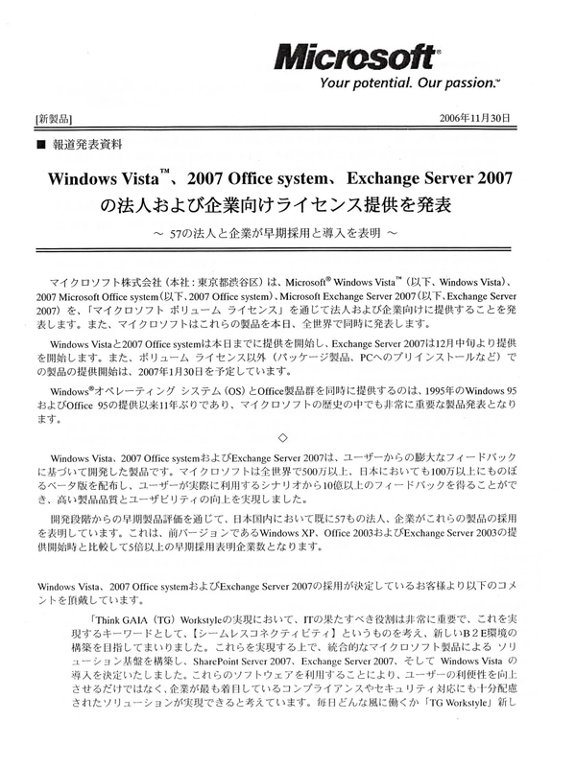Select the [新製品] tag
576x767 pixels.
[x=56, y=119]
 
